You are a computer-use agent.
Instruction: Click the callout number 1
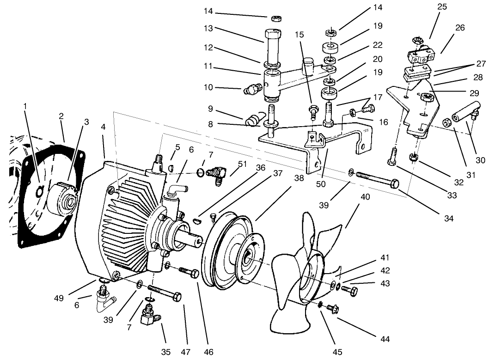click(x=25, y=105)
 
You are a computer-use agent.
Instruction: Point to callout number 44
click(x=385, y=340)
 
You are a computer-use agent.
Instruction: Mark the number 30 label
click(x=480, y=161)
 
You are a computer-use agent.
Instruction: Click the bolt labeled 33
click(x=392, y=157)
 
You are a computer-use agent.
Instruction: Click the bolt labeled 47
click(x=164, y=293)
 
